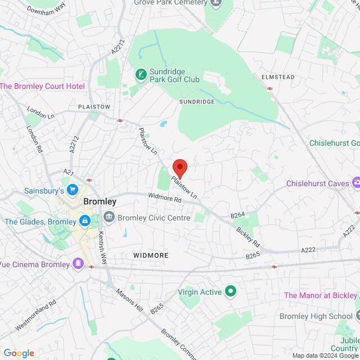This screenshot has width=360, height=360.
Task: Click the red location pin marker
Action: click(x=179, y=168)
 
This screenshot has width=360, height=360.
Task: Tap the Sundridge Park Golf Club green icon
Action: click(x=140, y=74)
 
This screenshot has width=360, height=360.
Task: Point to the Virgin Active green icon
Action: click(x=230, y=291)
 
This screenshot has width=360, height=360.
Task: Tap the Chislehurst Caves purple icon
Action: click(x=355, y=182)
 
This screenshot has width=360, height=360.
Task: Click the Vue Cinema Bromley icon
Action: click(x=77, y=263)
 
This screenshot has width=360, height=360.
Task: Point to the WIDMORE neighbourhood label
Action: click(x=150, y=255)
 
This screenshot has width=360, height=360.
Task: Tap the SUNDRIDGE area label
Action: click(x=197, y=102)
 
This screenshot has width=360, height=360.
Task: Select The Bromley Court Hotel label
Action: click(x=42, y=86)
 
